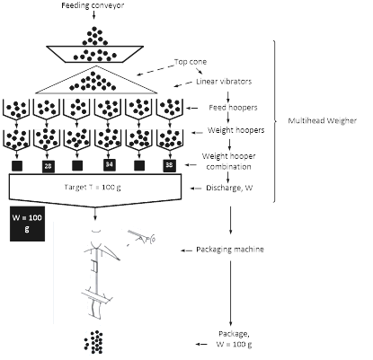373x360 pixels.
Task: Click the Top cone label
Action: [x=191, y=61]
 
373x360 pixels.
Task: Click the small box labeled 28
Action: [x=47, y=165]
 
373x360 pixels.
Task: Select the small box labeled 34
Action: [x=109, y=165]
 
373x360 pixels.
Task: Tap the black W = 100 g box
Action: [x=22, y=222]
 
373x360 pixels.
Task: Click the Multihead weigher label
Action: [x=318, y=119]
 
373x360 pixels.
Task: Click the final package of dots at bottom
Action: [x=94, y=342]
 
